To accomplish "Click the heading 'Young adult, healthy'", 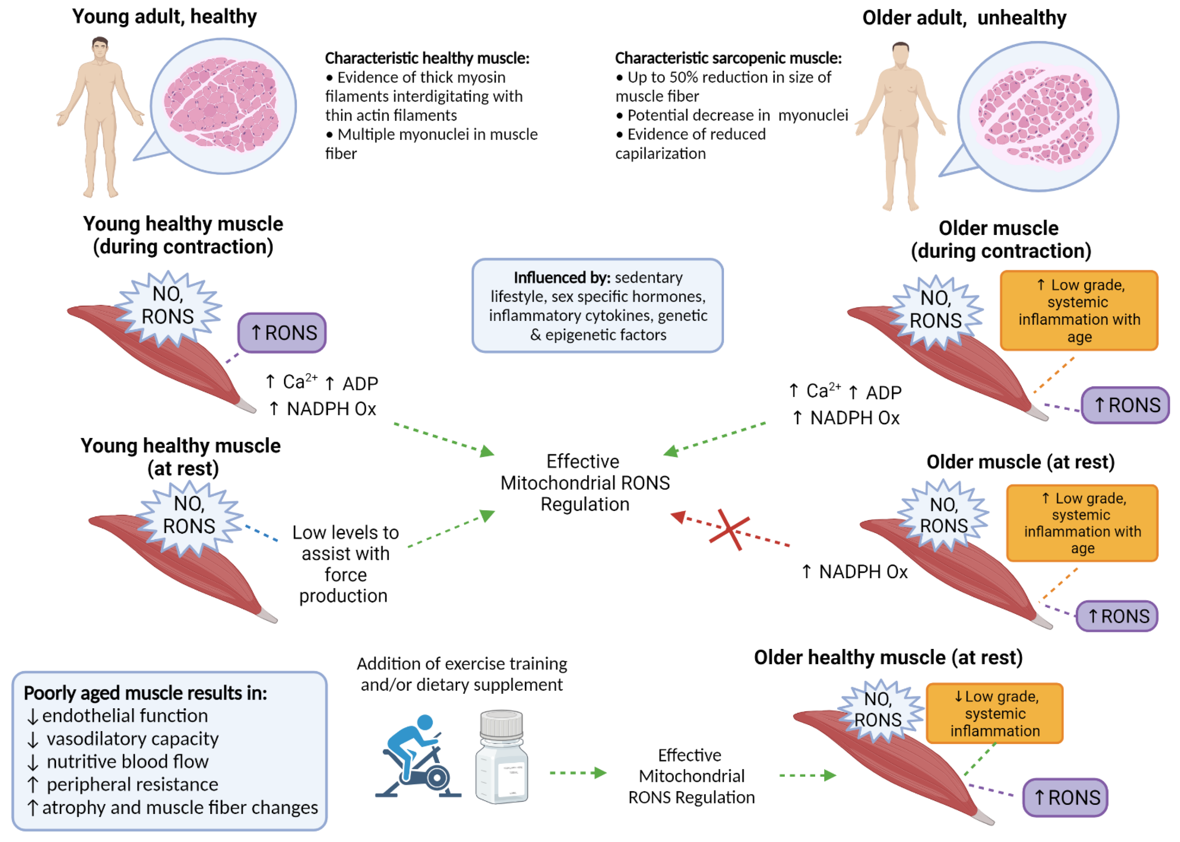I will [164, 17].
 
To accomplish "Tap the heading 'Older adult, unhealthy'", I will [964, 18].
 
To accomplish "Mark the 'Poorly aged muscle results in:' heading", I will [146, 693].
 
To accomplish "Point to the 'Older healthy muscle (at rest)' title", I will [888, 658].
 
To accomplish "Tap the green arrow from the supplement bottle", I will [578, 773].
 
